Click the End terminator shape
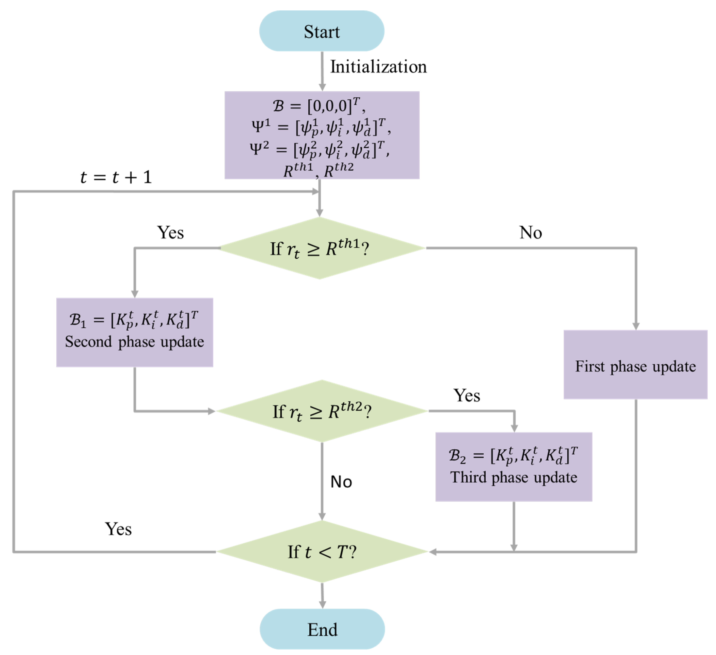click(x=322, y=629)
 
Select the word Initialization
click(x=378, y=67)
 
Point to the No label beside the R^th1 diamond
click(x=530, y=233)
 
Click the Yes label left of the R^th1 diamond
click(x=170, y=233)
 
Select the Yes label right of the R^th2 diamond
click(x=466, y=395)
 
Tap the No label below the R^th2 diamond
click(x=341, y=482)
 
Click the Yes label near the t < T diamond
click(x=118, y=529)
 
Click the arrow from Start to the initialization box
click(x=322, y=71)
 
